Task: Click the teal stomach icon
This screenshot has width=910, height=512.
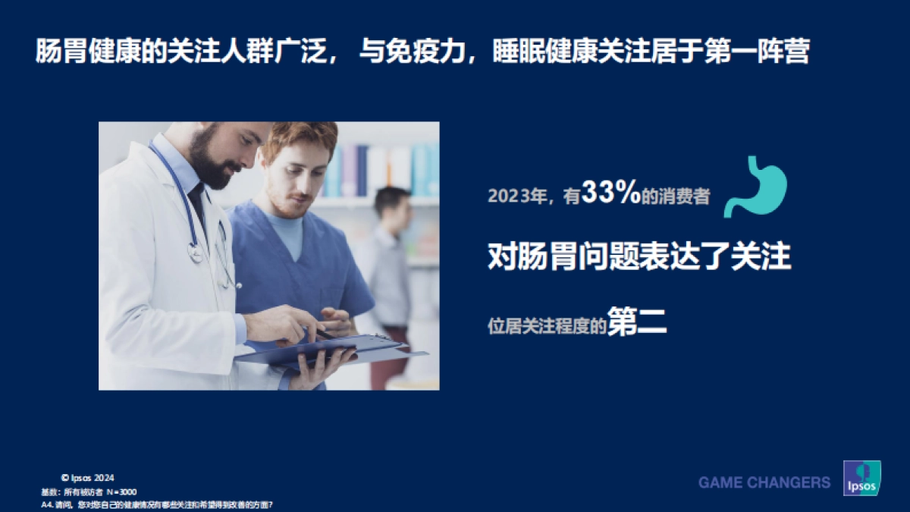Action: point(755,187)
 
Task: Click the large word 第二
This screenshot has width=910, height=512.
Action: point(637,323)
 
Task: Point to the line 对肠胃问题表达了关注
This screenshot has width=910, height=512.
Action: point(639,258)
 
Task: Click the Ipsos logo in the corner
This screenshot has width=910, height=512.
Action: point(861,478)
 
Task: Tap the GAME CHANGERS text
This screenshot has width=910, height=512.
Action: point(764,482)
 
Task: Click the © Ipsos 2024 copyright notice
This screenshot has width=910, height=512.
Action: point(87,478)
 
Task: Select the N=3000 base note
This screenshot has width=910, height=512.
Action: point(121,492)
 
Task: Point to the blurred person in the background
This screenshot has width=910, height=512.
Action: point(391,258)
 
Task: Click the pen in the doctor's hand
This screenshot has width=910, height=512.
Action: point(322,331)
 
